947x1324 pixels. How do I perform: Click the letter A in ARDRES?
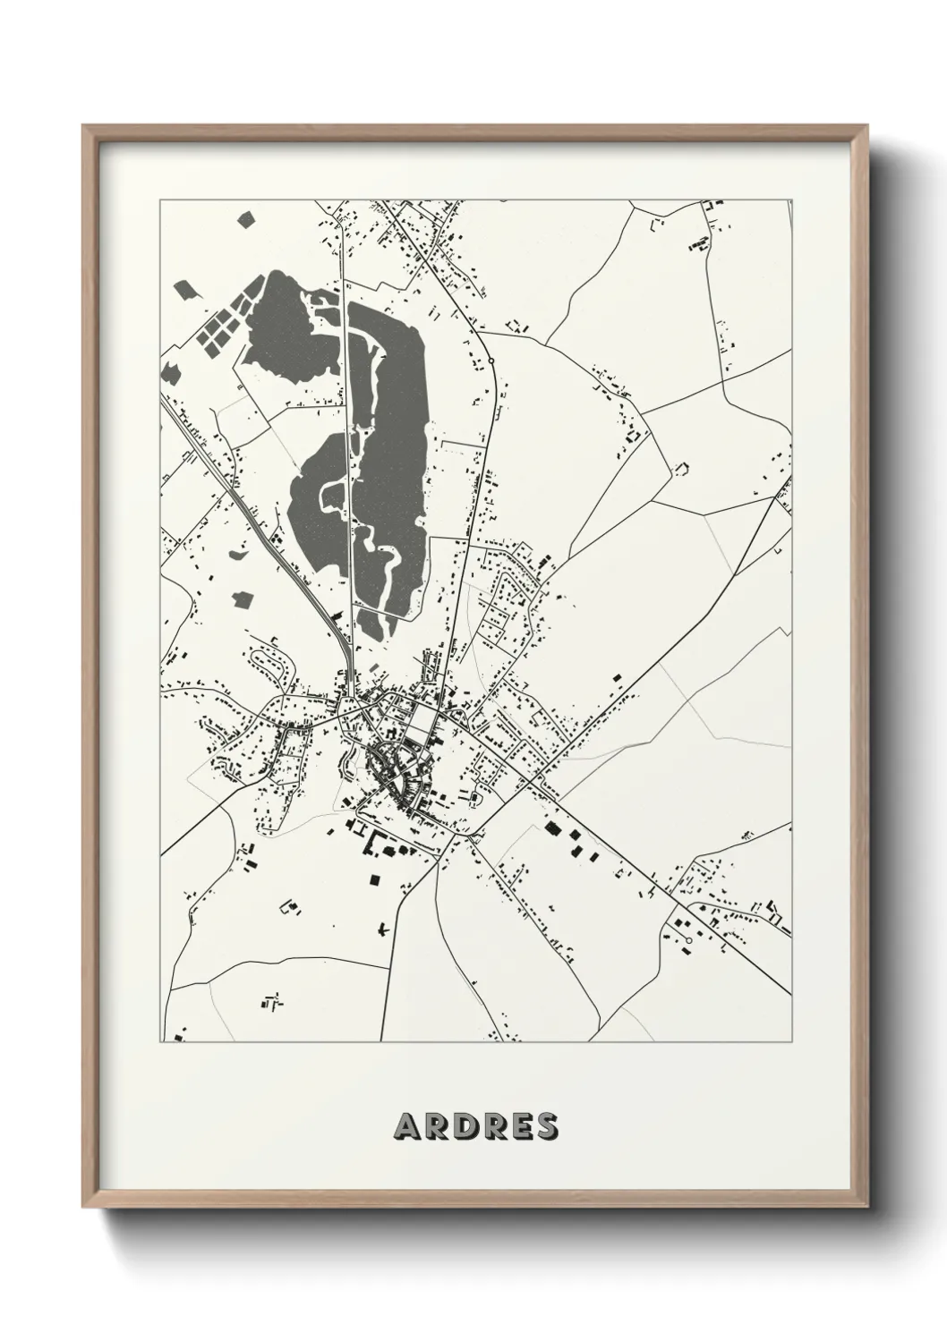pos(405,1127)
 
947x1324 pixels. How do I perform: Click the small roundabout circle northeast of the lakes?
pos(491,361)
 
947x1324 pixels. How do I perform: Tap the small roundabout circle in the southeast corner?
pos(688,940)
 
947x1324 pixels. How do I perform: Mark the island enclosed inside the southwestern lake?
pos(332,492)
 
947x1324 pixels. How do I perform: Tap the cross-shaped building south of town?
pos(383,930)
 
